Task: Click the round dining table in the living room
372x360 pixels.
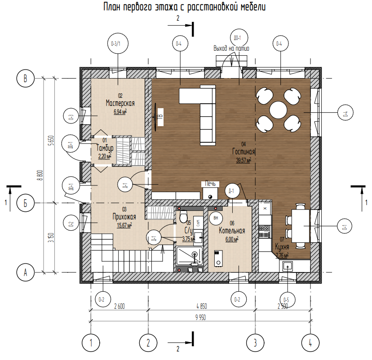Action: click(x=279, y=109)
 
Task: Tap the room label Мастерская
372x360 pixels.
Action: click(x=120, y=103)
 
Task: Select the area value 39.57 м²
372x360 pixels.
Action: click(x=244, y=159)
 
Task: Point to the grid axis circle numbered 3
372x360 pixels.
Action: click(x=255, y=343)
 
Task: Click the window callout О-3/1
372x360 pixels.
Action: click(x=119, y=44)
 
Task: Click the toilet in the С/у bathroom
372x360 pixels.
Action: click(x=183, y=218)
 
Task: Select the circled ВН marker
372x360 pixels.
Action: click(x=216, y=218)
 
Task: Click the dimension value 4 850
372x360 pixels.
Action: click(x=200, y=307)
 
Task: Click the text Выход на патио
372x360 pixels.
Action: click(x=231, y=48)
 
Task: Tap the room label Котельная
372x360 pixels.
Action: click(x=231, y=231)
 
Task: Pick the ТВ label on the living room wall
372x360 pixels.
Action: click(x=159, y=117)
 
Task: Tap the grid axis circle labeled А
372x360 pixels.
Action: click(x=26, y=272)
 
